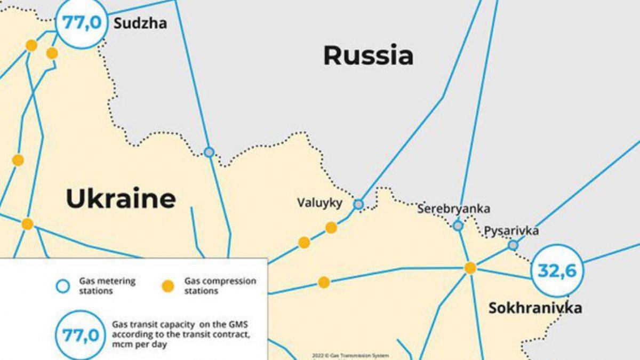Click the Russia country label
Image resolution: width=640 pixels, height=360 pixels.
click(368, 55)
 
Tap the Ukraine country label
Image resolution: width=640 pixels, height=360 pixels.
click(121, 199)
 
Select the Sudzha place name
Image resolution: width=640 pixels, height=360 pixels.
click(140, 23)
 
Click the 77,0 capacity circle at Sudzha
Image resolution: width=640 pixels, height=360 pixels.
click(82, 23)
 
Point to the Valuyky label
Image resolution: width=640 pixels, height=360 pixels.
click(320, 203)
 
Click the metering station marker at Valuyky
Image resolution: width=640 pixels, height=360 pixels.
click(358, 204)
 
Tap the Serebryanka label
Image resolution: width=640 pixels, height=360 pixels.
click(453, 209)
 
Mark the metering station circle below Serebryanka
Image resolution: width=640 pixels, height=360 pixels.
click(458, 226)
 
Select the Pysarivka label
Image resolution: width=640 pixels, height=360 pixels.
click(511, 231)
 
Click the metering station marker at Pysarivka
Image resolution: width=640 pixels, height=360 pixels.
click(513, 245)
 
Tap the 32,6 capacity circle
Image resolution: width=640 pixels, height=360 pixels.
click(557, 271)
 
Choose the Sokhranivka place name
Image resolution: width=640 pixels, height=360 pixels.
click(535, 308)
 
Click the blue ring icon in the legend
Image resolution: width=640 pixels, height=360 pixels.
click(63, 286)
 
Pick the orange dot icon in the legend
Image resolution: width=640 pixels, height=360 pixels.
click(168, 286)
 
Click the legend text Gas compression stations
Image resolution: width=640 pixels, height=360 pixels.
click(220, 286)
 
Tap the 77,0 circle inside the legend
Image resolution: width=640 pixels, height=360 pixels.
click(81, 335)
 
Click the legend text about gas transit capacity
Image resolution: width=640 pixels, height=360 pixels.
click(181, 334)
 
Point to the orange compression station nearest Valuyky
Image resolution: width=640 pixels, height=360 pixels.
click(331, 228)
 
